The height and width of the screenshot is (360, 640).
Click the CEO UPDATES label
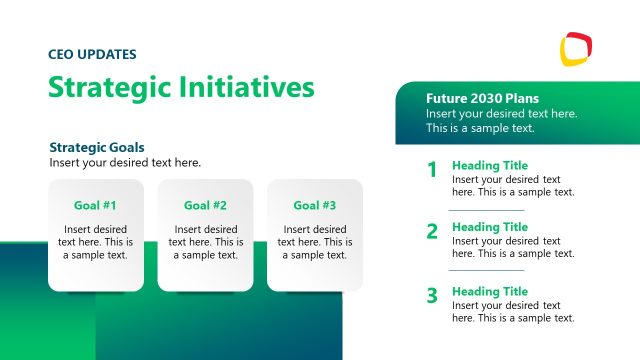pos(92,54)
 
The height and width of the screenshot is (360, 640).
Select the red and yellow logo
pos(576,47)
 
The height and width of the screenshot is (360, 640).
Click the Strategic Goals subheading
pos(97,147)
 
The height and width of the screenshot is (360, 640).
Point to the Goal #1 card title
pos(96,205)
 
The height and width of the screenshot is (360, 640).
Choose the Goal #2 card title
pos(205,205)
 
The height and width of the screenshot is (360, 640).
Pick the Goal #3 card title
pos(314,205)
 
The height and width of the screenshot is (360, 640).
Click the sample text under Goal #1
pos(96,242)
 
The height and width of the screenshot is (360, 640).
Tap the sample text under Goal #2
pos(205,242)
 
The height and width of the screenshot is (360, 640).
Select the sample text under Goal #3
pos(314,242)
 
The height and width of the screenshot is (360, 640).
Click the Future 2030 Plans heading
pos(482,99)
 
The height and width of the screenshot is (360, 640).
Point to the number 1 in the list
pos(432,170)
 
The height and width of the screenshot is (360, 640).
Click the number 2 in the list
pos(432,232)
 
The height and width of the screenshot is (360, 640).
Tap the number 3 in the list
pos(432,295)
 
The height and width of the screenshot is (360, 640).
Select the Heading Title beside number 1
pos(490,165)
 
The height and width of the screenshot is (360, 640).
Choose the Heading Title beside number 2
pos(490,227)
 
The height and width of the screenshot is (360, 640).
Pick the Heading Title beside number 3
pos(490,291)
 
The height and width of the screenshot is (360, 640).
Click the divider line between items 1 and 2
pos(486,209)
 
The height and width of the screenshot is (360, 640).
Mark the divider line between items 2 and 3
pos(486,270)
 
